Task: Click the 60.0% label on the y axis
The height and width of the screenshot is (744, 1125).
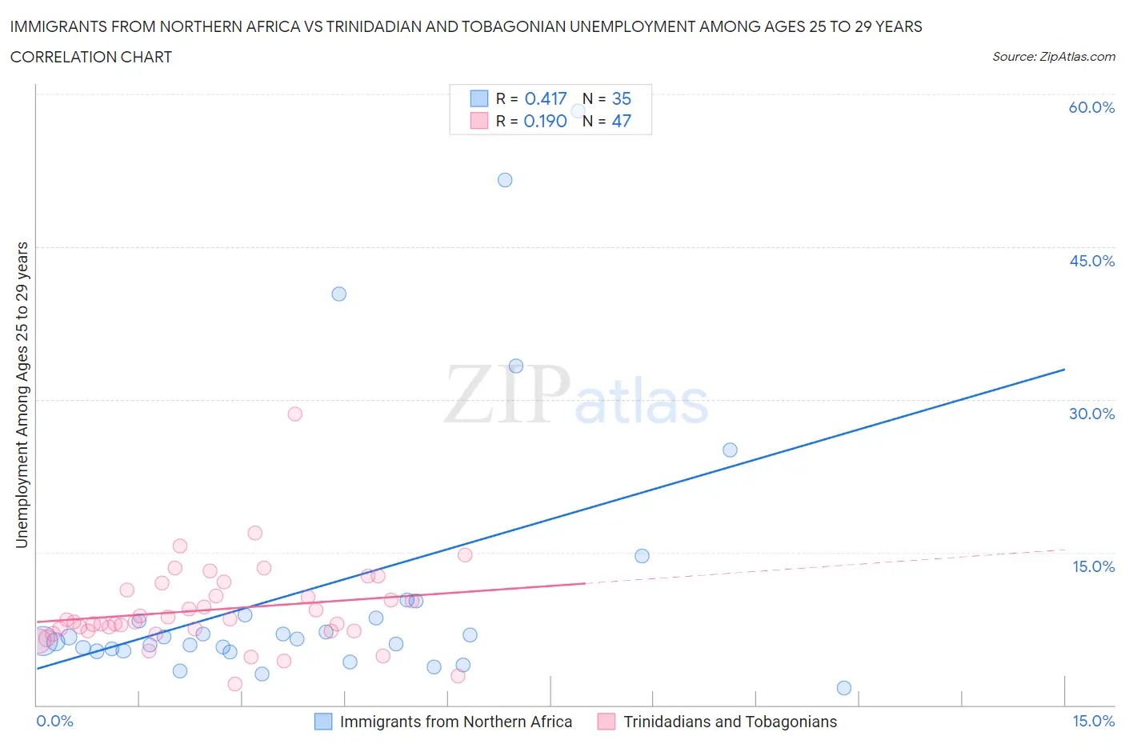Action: pyautogui.click(x=1091, y=108)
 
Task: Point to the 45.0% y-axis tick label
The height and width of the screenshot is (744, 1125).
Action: pyautogui.click(x=1091, y=262)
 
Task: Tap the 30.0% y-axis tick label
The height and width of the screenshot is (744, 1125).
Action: pyautogui.click(x=1091, y=414)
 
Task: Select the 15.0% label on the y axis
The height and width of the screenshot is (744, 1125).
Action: pyautogui.click(x=1093, y=567)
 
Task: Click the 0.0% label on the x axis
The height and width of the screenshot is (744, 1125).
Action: pyautogui.click(x=54, y=722)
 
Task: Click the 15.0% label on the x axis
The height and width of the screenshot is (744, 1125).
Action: pyautogui.click(x=1093, y=722)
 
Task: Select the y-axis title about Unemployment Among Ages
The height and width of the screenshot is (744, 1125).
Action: pyautogui.click(x=22, y=395)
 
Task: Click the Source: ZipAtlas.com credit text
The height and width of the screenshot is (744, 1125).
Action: pyautogui.click(x=1053, y=57)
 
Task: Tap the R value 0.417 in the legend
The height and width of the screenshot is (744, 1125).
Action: pyautogui.click(x=546, y=99)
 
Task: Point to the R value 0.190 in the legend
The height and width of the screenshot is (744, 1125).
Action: pyautogui.click(x=545, y=122)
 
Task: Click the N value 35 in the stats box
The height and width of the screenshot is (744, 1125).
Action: pyautogui.click(x=622, y=99)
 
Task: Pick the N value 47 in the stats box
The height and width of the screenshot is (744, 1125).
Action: pyautogui.click(x=622, y=122)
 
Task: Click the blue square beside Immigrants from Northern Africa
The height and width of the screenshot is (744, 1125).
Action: pyautogui.click(x=323, y=722)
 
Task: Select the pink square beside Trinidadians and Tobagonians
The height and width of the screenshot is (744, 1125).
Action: pyautogui.click(x=607, y=722)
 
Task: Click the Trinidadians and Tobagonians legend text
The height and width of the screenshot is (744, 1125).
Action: pyautogui.click(x=730, y=722)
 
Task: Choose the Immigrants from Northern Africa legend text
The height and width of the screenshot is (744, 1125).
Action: pyautogui.click(x=456, y=722)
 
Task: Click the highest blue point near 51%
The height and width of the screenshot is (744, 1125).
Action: pyautogui.click(x=505, y=180)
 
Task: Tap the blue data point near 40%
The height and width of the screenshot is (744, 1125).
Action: pyautogui.click(x=339, y=294)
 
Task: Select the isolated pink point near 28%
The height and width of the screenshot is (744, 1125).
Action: pyautogui.click(x=294, y=414)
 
